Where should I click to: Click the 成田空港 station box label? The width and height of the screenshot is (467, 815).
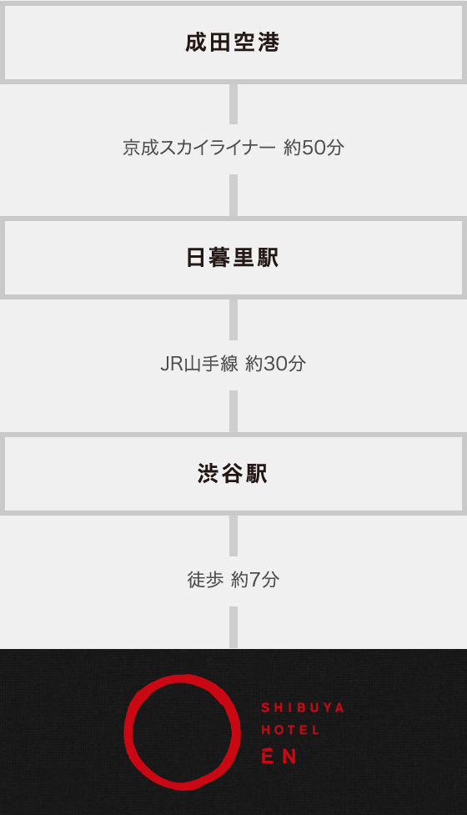tap(233, 42)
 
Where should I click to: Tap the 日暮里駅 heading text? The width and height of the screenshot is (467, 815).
tap(233, 258)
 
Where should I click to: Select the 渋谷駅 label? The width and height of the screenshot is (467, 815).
tap(233, 474)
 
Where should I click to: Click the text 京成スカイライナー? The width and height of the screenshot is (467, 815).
tap(199, 148)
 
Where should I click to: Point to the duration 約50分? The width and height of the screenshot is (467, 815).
tap(314, 148)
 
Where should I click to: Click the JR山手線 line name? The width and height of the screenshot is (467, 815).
tap(199, 364)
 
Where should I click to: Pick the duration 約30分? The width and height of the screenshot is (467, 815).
tap(275, 364)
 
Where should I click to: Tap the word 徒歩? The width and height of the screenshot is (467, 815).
tap(205, 579)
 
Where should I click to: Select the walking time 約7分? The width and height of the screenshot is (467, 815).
tap(255, 579)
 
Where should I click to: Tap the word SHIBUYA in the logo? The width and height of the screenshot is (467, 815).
tap(303, 707)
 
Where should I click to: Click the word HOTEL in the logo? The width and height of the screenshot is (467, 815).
tap(290, 730)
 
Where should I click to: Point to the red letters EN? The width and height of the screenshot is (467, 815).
tap(279, 757)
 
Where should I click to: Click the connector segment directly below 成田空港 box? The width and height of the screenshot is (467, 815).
tap(233, 103)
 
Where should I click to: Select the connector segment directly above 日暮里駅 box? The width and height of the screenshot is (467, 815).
tap(233, 195)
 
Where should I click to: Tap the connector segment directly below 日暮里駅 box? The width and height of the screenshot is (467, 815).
tap(233, 319)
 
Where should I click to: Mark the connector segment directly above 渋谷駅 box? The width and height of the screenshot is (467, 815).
tap(233, 411)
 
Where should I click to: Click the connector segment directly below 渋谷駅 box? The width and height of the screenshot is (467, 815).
tap(233, 536)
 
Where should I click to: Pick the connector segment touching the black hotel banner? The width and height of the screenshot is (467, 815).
tap(233, 627)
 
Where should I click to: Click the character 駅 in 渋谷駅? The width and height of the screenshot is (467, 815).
tap(257, 474)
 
